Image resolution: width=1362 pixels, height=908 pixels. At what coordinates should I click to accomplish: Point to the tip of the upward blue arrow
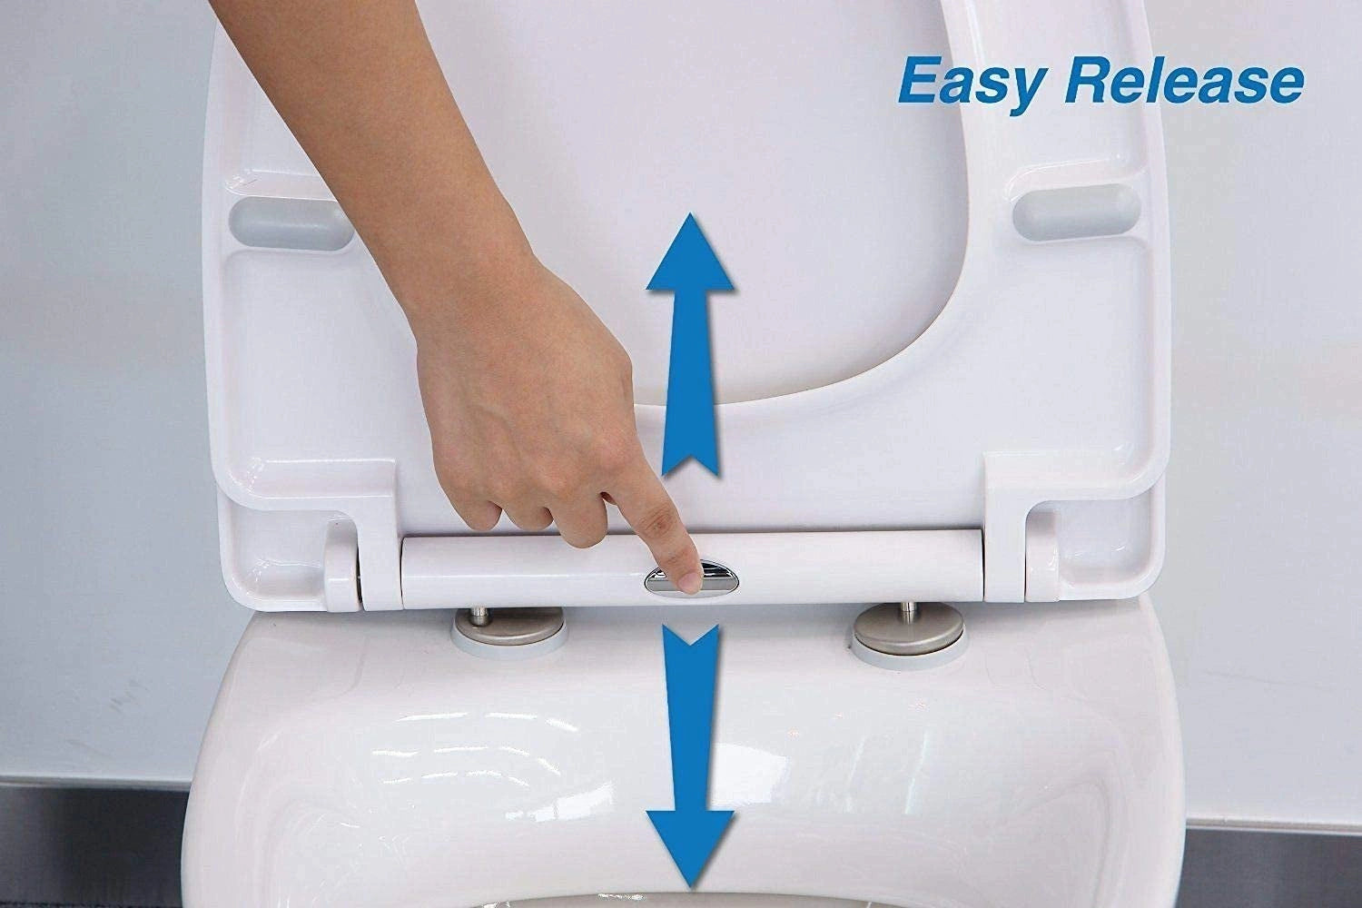690,218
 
